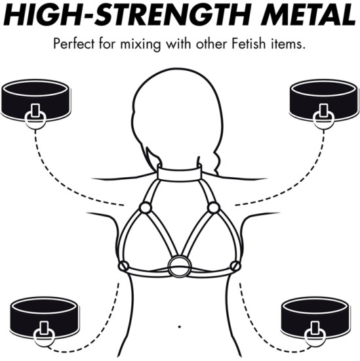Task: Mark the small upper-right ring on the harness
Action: pyautogui.click(x=213, y=208)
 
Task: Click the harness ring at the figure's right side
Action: pyautogui.click(x=235, y=265)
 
